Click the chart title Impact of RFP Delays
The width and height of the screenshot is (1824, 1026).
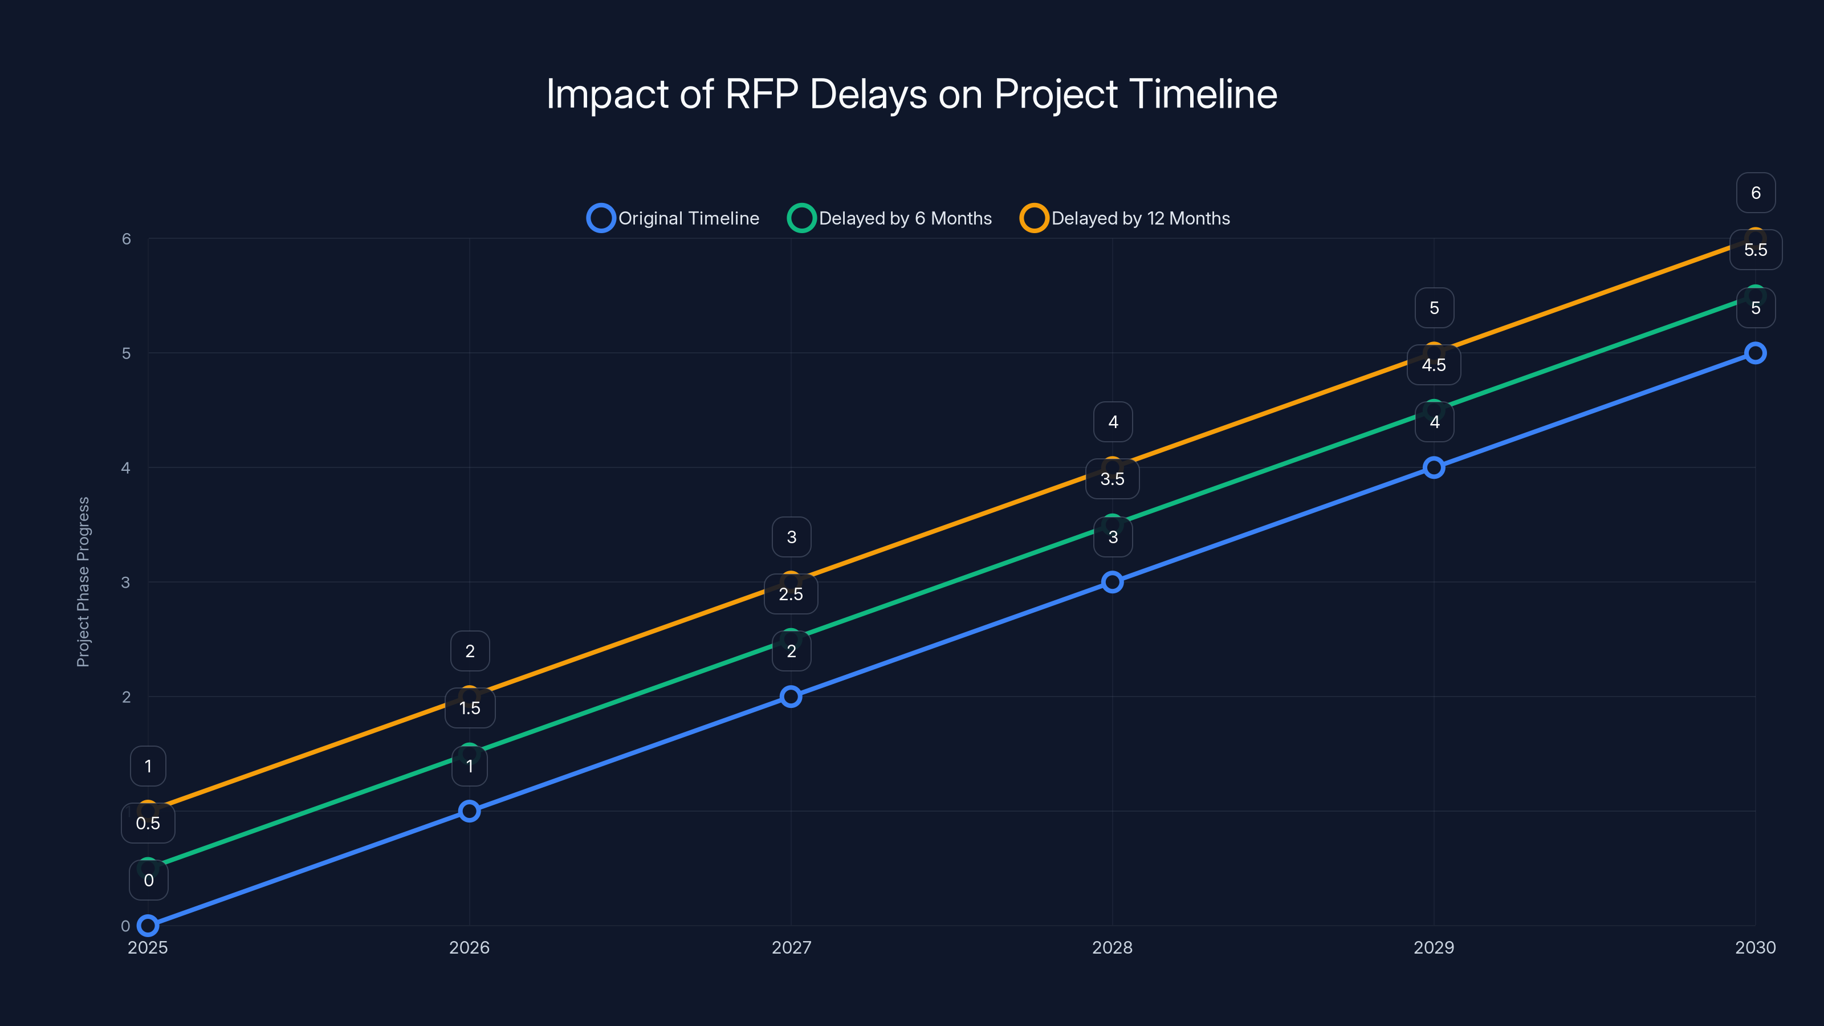pyautogui.click(x=911, y=94)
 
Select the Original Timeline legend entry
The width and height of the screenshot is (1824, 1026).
pyautogui.click(x=673, y=218)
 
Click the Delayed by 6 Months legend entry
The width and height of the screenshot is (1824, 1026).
pyautogui.click(x=890, y=218)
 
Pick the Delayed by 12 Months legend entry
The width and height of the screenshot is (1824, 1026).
pyautogui.click(x=1125, y=218)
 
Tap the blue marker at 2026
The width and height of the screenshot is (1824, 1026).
pyautogui.click(x=470, y=811)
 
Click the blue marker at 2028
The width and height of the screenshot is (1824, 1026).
pyautogui.click(x=1113, y=582)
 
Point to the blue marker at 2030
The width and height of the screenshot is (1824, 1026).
pyautogui.click(x=1756, y=353)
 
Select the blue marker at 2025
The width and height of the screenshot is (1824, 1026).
pyautogui.click(x=148, y=926)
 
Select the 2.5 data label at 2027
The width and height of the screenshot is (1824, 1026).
pyautogui.click(x=791, y=594)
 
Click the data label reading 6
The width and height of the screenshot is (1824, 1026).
pyautogui.click(x=1756, y=193)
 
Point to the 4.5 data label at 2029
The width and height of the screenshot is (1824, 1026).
pyautogui.click(x=1434, y=365)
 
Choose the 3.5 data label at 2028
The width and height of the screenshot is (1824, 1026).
pyautogui.click(x=1113, y=479)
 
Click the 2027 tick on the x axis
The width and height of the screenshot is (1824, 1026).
pyautogui.click(x=791, y=947)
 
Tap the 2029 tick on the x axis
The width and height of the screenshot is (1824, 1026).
pyautogui.click(x=1434, y=947)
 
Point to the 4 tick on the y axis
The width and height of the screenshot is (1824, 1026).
pyautogui.click(x=126, y=467)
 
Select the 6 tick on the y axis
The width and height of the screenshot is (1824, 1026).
pyautogui.click(x=126, y=239)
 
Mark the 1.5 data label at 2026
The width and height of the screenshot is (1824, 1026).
pyautogui.click(x=470, y=708)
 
